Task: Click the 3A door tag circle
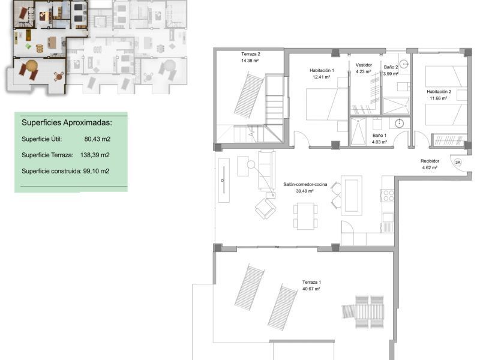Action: [458, 162]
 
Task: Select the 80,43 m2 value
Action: [97, 139]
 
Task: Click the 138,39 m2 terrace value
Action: [95, 155]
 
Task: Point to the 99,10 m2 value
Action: [96, 171]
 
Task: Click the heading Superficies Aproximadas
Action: [67, 123]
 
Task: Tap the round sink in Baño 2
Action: [404, 64]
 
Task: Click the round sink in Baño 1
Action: [399, 124]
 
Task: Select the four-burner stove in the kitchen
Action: [388, 196]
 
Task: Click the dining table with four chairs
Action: [305, 216]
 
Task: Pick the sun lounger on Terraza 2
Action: [249, 95]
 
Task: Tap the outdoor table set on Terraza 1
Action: [363, 311]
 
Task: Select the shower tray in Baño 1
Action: [358, 131]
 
